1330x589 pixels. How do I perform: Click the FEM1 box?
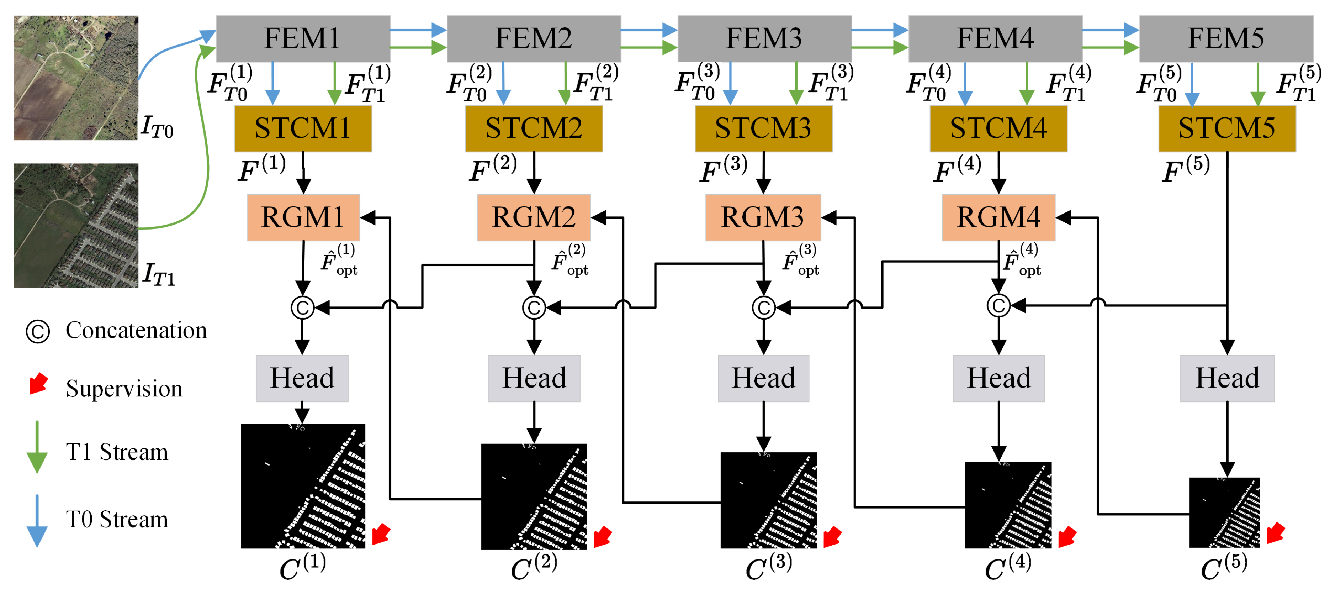pos(303,38)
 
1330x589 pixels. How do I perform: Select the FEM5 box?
pos(1226,38)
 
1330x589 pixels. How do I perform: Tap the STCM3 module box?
pos(763,128)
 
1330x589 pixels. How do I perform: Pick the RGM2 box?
pos(534,217)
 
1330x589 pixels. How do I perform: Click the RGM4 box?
pos(998,217)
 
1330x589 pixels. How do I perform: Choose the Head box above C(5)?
pos(1227,378)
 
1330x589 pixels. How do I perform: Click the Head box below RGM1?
pos(302,378)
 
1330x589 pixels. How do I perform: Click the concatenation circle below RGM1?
pos(303,308)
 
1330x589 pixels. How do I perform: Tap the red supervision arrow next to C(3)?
pos(832,536)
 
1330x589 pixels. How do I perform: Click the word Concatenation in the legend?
pos(136,331)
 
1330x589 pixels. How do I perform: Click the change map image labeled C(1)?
pos(303,486)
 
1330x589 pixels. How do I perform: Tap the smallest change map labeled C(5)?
pos(1224,512)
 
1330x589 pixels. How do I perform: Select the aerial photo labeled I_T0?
pos(76,78)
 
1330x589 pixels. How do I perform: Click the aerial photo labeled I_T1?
pos(76,226)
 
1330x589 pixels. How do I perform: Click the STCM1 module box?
pos(303,128)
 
